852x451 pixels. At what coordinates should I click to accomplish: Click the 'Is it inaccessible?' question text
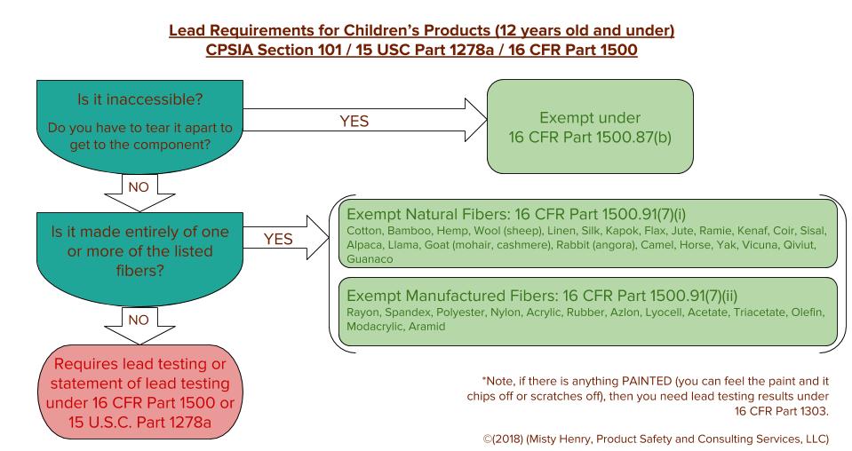[x=139, y=99]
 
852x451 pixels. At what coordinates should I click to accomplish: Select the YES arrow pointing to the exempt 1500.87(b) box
[x=364, y=120]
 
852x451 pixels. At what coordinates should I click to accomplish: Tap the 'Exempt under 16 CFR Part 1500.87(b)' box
[x=590, y=126]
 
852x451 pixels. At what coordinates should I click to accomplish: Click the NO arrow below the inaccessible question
[x=139, y=193]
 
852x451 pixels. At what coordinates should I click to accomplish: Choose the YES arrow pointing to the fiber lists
[x=286, y=238]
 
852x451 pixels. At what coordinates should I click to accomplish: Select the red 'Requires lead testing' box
[x=139, y=392]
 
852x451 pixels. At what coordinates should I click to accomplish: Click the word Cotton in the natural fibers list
[x=364, y=231]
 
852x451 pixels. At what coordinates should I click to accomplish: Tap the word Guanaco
[x=370, y=259]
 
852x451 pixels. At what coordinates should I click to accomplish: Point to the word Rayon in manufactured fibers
[x=364, y=313]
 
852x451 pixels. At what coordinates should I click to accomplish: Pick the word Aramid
[x=426, y=326]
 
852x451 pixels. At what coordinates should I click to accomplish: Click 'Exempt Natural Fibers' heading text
[x=427, y=214]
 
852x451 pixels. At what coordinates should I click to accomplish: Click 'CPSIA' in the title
[x=229, y=50]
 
